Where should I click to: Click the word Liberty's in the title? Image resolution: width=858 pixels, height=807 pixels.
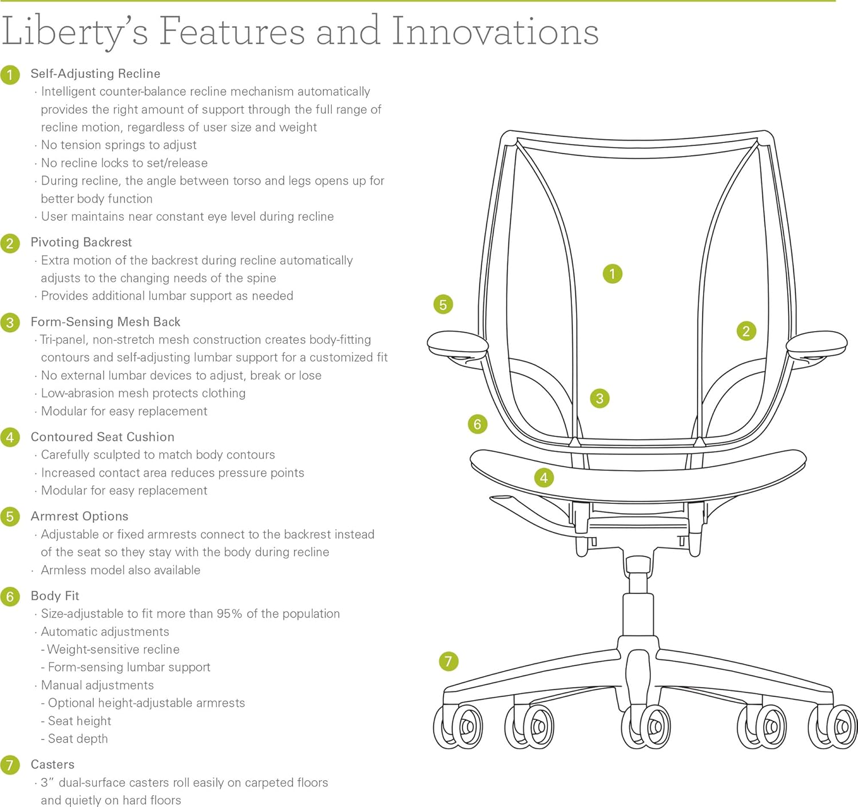click(74, 31)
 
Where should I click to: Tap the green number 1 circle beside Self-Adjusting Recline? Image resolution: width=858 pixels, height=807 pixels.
click(10, 74)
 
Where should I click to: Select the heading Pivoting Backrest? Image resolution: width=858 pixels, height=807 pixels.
click(81, 243)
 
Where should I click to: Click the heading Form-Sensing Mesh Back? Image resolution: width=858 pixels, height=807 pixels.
click(105, 322)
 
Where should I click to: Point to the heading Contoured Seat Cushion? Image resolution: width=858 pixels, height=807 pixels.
click(102, 437)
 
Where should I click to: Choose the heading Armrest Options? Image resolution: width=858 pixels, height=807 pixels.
click(79, 516)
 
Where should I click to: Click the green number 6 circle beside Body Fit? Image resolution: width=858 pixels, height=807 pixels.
click(10, 597)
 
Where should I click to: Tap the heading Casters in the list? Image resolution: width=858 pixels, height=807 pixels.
click(52, 765)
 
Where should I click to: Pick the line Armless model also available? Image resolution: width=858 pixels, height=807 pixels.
click(120, 570)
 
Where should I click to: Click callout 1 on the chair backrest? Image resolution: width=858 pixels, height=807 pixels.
click(612, 274)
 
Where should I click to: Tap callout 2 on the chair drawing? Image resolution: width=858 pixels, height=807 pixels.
click(746, 331)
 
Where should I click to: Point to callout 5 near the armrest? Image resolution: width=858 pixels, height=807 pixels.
click(443, 305)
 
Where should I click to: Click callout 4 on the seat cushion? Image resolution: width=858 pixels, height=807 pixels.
click(543, 478)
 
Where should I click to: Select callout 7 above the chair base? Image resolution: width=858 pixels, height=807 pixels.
click(448, 662)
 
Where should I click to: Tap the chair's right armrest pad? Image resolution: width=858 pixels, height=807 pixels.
click(816, 343)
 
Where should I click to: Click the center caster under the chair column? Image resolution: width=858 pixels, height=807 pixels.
click(646, 726)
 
